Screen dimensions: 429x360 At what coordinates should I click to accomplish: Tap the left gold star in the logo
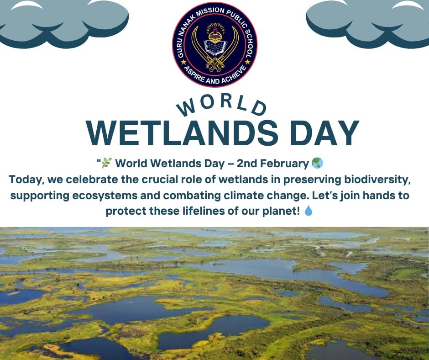(184, 63)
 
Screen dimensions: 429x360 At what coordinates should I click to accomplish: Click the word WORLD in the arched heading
(221, 106)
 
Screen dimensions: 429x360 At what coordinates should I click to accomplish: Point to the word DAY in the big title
(324, 133)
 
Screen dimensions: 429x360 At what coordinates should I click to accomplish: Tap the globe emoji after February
(317, 163)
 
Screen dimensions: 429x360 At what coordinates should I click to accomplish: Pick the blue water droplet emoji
(309, 211)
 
